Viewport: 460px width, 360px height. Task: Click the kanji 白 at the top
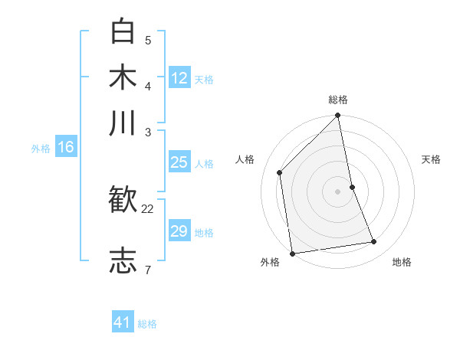pyautogui.click(x=123, y=32)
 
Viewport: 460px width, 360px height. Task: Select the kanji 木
pyautogui.click(x=123, y=77)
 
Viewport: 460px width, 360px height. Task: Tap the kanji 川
pyautogui.click(x=123, y=123)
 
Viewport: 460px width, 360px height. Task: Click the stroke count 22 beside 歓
pyautogui.click(x=148, y=208)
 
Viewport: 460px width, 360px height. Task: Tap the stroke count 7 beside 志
pyautogui.click(x=148, y=269)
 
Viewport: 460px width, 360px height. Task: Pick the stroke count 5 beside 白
pyautogui.click(x=148, y=40)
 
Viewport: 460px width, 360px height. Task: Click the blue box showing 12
pyautogui.click(x=179, y=77)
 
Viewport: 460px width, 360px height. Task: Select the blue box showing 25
pyautogui.click(x=179, y=162)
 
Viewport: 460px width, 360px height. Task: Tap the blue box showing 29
pyautogui.click(x=179, y=232)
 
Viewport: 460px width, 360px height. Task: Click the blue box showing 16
pyautogui.click(x=65, y=148)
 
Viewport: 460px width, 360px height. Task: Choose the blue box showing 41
pyautogui.click(x=123, y=322)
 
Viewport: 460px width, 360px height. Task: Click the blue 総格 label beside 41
pyautogui.click(x=147, y=324)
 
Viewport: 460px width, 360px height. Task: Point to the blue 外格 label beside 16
pyautogui.click(x=41, y=149)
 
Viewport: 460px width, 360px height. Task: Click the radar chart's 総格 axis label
pyautogui.click(x=338, y=100)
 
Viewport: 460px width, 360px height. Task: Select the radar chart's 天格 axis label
pyautogui.click(x=431, y=159)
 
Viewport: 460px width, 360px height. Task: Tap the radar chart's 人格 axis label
pyautogui.click(x=245, y=159)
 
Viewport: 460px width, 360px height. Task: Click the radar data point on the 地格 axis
pyautogui.click(x=374, y=242)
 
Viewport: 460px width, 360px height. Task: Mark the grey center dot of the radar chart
pyautogui.click(x=338, y=191)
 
